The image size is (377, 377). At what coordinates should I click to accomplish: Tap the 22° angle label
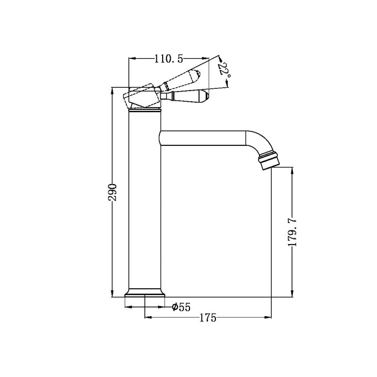[225, 69]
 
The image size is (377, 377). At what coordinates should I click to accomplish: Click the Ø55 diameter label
[181, 307]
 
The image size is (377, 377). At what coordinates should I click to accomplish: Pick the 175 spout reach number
[208, 318]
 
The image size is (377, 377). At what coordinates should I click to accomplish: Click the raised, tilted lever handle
[182, 79]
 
